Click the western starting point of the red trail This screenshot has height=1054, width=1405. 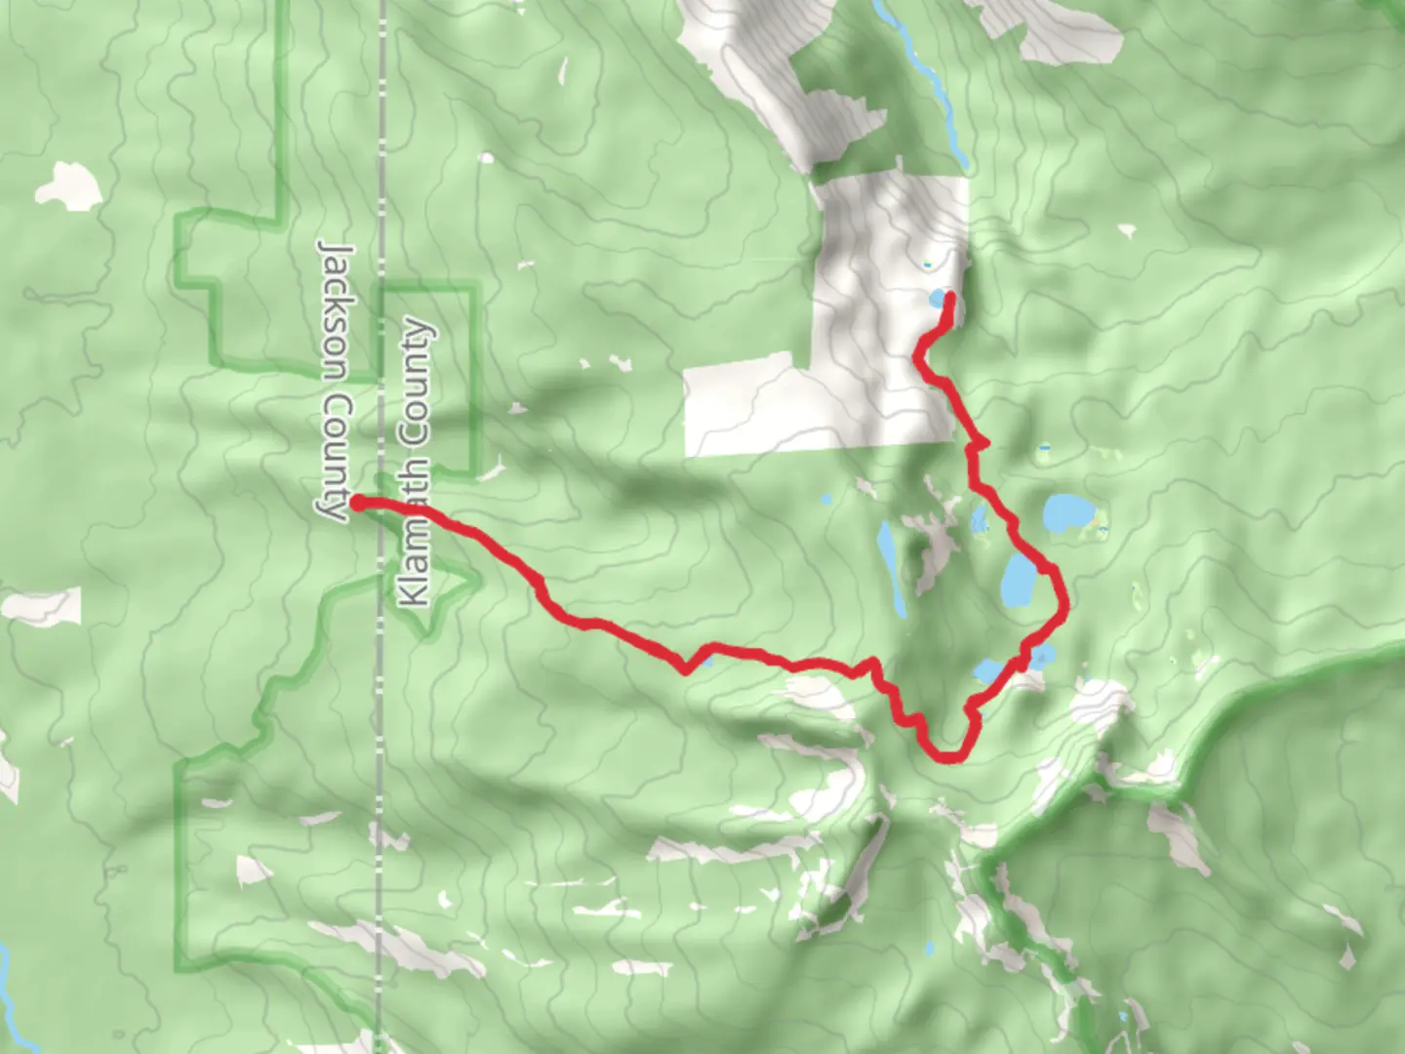[x=357, y=503]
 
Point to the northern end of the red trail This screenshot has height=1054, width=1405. [x=949, y=297]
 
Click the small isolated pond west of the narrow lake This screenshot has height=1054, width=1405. [x=826, y=500]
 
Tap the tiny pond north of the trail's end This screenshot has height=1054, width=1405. [x=926, y=263]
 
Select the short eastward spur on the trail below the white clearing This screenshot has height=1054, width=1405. [x=982, y=443]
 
